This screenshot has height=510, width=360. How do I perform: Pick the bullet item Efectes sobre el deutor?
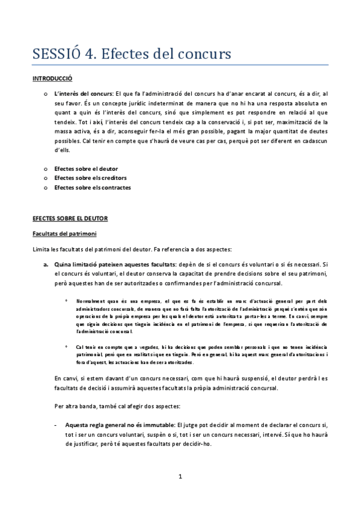(x=86, y=168)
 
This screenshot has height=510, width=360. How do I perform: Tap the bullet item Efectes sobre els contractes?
(x=93, y=188)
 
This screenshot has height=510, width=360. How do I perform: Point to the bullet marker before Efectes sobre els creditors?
(x=46, y=178)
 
